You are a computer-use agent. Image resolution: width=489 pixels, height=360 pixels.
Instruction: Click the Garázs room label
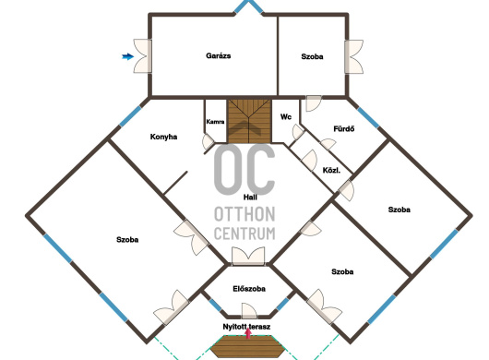pyautogui.click(x=219, y=56)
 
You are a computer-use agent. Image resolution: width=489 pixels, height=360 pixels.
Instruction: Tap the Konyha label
pyautogui.click(x=163, y=137)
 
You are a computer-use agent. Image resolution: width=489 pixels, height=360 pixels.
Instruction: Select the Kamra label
pyautogui.click(x=215, y=122)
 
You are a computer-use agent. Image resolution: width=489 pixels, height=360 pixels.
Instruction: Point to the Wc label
pyautogui.click(x=286, y=117)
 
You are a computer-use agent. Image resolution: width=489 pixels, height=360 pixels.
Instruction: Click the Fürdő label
pyautogui.click(x=344, y=129)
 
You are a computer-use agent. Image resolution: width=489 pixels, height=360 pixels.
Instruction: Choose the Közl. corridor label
pyautogui.click(x=331, y=171)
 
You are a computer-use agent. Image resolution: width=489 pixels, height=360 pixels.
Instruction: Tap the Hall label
pyautogui.click(x=250, y=198)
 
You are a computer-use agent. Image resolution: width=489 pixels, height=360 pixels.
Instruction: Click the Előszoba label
pyautogui.click(x=249, y=289)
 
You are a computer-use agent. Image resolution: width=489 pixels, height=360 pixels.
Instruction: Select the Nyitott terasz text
pyautogui.click(x=246, y=327)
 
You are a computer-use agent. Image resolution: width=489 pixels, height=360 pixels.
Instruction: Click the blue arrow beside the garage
pyautogui.click(x=127, y=56)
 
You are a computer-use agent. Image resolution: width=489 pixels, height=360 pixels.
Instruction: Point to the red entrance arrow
pyautogui.click(x=248, y=333)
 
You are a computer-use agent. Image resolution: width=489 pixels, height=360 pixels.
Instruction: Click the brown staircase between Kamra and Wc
pyautogui.click(x=249, y=121)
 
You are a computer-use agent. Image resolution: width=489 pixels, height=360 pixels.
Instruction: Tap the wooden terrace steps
pyautogui.click(x=248, y=346)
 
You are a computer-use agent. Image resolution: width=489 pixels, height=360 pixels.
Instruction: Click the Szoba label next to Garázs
pyautogui.click(x=312, y=56)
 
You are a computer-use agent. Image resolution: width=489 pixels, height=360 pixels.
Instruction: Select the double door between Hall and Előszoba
pyautogui.click(x=248, y=257)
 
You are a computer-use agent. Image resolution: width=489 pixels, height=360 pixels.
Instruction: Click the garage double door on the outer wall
pyautogui.click(x=142, y=56)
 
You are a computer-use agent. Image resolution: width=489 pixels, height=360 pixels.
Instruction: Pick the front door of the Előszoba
pyautogui.click(x=249, y=311)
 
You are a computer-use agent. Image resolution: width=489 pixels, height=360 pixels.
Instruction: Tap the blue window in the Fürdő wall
pyautogui.click(x=368, y=117)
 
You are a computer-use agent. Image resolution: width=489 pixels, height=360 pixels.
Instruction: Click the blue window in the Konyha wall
pyautogui.click(x=130, y=116)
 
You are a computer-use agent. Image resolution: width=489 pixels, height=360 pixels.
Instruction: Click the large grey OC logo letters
pyautogui.click(x=244, y=169)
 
